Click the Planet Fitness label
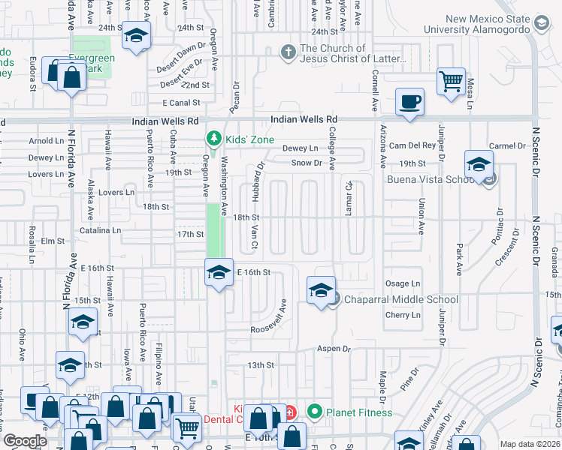click(x=359, y=412)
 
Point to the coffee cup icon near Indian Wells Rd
click(x=410, y=101)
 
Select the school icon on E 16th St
click(x=219, y=271)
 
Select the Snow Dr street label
click(x=307, y=162)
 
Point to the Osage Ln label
click(x=403, y=283)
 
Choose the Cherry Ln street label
click(x=403, y=315)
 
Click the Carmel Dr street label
click(x=509, y=145)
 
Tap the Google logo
click(x=26, y=440)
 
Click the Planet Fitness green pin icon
click(x=314, y=412)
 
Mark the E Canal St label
click(x=180, y=103)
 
